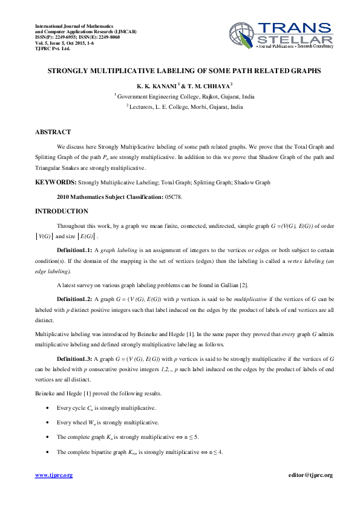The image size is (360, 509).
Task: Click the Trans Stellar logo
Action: pos(281,36)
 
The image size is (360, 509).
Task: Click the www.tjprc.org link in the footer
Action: pos(54,475)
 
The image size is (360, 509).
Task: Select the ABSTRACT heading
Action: pos(53,132)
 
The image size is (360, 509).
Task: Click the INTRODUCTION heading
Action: pos(62,211)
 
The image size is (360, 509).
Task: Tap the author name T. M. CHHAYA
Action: pos(205,86)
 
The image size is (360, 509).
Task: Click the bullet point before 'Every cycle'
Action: pos(48,409)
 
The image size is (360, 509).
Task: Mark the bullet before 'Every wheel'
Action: pos(48,423)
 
